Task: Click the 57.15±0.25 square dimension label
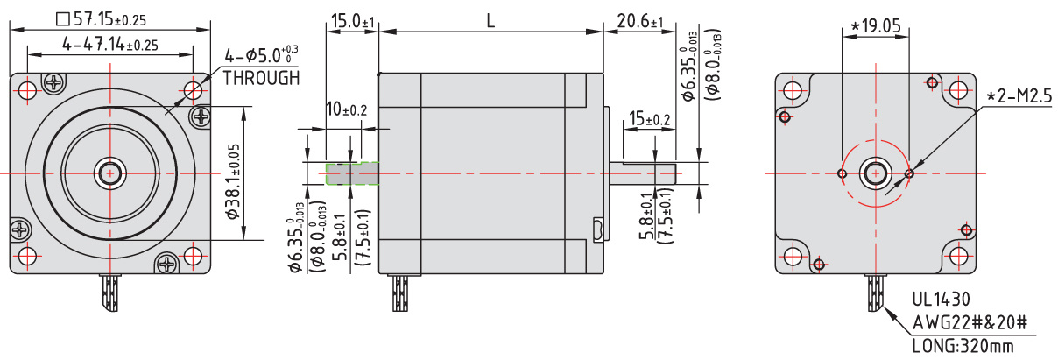(101, 19)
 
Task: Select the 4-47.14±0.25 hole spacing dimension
(110, 45)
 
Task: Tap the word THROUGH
(261, 78)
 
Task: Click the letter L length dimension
(490, 21)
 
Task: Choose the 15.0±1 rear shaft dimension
(352, 21)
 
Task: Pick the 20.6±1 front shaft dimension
(640, 21)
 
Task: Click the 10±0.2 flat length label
(347, 109)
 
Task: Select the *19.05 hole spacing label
(876, 26)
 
